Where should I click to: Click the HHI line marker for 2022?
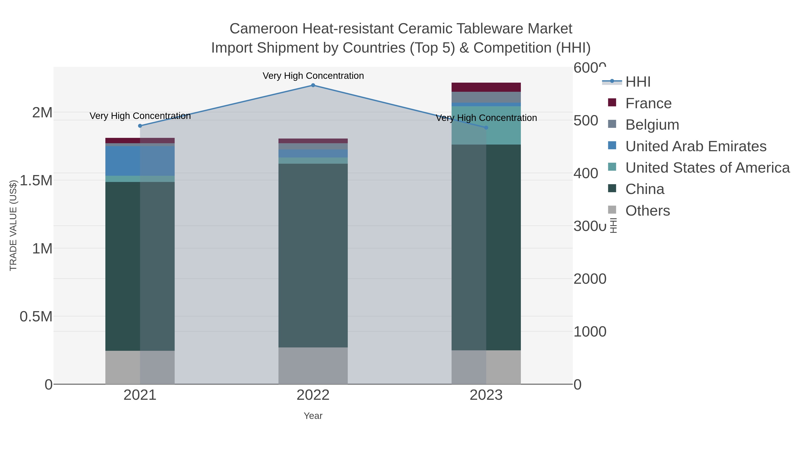point(313,85)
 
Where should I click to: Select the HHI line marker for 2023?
point(486,128)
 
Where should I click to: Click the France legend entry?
point(648,103)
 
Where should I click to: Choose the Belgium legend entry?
point(652,125)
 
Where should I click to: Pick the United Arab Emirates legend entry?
point(696,146)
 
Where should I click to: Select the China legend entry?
point(644,189)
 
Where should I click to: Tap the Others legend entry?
point(647,211)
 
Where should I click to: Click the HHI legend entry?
point(638,82)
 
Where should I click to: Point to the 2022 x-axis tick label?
point(313,395)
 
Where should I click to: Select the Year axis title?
point(313,416)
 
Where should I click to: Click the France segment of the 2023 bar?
point(486,87)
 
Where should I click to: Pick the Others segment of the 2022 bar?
point(313,366)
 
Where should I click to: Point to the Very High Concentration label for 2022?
point(313,76)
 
